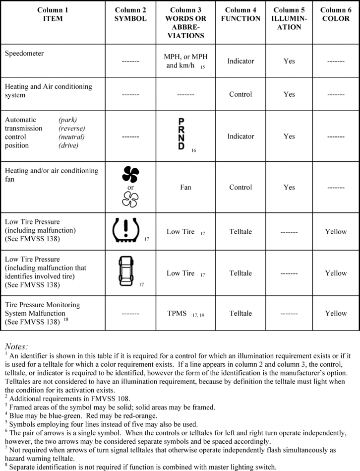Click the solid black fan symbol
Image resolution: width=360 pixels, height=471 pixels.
point(130,175)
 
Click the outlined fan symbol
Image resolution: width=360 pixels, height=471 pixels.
point(130,200)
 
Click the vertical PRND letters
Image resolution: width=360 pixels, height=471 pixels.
point(181,134)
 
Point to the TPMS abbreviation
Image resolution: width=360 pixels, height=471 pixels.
point(177,314)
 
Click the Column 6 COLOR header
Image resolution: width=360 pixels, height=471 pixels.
point(336,14)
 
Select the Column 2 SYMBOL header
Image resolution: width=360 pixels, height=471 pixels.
point(130,14)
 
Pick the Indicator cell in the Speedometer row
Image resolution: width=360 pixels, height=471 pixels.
point(240,61)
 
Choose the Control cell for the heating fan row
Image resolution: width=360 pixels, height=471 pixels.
point(240,188)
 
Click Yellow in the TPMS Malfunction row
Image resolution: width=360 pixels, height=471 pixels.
point(336,314)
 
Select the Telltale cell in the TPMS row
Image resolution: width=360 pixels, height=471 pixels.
point(240,314)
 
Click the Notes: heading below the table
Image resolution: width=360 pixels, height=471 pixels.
point(16,346)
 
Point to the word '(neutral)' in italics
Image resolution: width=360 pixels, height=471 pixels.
point(71,136)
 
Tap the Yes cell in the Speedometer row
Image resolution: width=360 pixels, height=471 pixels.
point(289,61)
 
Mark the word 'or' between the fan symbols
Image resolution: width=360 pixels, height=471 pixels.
point(130,188)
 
